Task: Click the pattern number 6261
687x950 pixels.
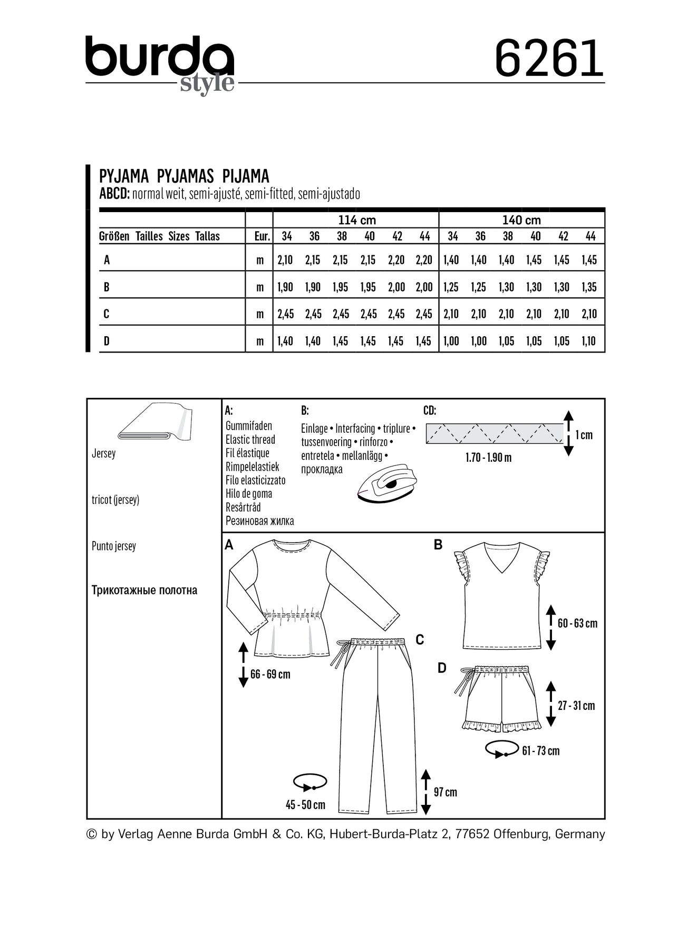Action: click(x=548, y=59)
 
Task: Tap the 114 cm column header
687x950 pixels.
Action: click(x=357, y=220)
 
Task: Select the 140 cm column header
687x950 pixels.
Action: click(x=521, y=220)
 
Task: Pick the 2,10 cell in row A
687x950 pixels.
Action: click(x=285, y=260)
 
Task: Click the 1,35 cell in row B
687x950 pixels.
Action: click(x=589, y=287)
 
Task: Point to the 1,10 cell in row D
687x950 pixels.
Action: click(x=589, y=341)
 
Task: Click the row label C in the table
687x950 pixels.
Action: click(x=107, y=314)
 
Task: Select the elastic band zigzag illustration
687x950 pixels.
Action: click(x=495, y=433)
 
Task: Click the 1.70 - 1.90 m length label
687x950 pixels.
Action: click(x=488, y=458)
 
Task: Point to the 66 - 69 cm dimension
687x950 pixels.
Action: click(x=270, y=674)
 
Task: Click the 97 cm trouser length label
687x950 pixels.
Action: click(x=445, y=792)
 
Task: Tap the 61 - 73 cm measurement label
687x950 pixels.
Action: click(x=540, y=750)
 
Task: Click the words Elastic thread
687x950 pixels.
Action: click(x=250, y=440)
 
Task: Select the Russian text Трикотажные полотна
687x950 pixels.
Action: click(x=144, y=590)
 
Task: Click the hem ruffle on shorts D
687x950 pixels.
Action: click(x=501, y=726)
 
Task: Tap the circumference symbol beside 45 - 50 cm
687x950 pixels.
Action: click(x=310, y=782)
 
